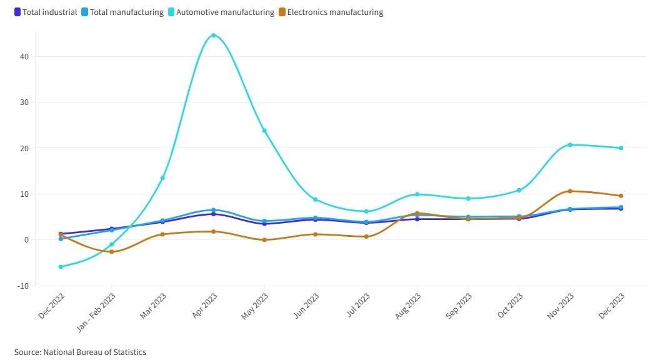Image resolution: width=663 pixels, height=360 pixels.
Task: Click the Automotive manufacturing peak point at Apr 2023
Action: (x=214, y=35)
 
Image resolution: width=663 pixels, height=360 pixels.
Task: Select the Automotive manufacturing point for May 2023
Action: (x=264, y=131)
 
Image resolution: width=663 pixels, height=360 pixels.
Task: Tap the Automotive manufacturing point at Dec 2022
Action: (x=61, y=267)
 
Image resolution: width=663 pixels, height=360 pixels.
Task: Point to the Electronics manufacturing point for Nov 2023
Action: (x=570, y=191)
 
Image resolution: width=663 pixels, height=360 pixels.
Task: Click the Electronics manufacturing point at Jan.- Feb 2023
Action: (x=112, y=252)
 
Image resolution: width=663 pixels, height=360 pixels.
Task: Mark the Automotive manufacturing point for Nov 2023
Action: (x=570, y=145)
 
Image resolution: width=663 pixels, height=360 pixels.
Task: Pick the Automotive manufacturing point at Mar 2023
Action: (x=162, y=178)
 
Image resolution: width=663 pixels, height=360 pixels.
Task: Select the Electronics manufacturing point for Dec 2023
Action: (x=621, y=196)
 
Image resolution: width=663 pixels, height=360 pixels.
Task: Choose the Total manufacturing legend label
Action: (x=127, y=12)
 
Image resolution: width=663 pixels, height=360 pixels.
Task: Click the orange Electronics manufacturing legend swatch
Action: (x=282, y=12)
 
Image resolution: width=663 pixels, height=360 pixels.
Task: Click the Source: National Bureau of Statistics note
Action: (x=80, y=352)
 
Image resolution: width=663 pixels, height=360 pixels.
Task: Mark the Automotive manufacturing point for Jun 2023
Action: (x=315, y=199)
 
